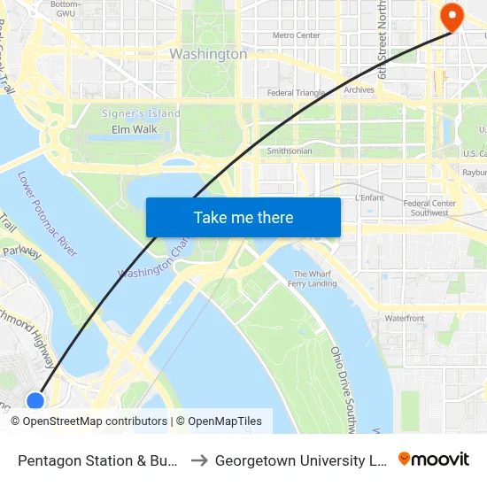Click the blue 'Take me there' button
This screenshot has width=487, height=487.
(243, 217)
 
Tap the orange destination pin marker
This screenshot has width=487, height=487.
(452, 16)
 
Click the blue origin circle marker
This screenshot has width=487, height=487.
(35, 401)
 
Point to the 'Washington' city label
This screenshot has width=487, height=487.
(208, 54)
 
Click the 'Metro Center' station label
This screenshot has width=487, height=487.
(296, 35)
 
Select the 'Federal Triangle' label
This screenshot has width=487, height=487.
(297, 92)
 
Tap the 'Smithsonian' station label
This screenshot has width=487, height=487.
(290, 151)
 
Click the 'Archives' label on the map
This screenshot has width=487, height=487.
(359, 89)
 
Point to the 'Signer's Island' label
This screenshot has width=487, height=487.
(141, 113)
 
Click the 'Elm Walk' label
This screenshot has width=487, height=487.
(134, 129)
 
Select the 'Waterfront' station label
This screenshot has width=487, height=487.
(404, 318)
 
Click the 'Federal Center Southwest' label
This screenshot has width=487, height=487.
(429, 208)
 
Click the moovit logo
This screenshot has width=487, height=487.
(434, 459)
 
